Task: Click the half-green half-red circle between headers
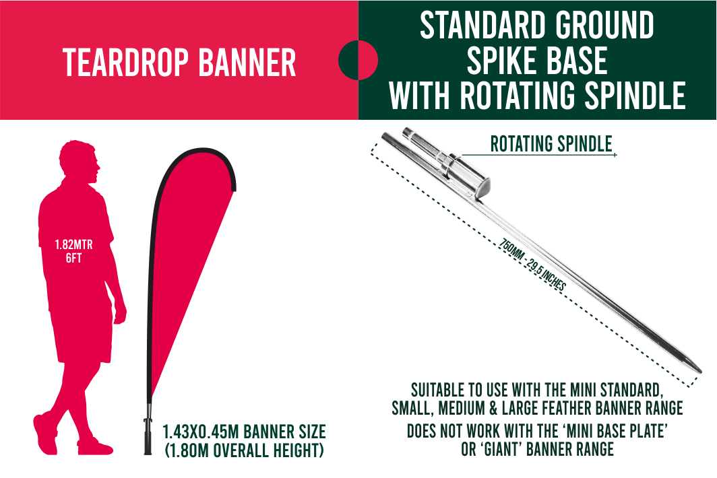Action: pos(358,60)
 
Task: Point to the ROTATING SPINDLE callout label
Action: pos(551,144)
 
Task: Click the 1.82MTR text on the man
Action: pos(73,245)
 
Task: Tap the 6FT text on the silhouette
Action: pos(73,259)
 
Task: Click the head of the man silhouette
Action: pos(80,161)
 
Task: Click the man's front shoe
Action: pos(95,447)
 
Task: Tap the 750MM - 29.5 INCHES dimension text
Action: pos(532,265)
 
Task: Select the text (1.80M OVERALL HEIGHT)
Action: pos(245,450)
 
